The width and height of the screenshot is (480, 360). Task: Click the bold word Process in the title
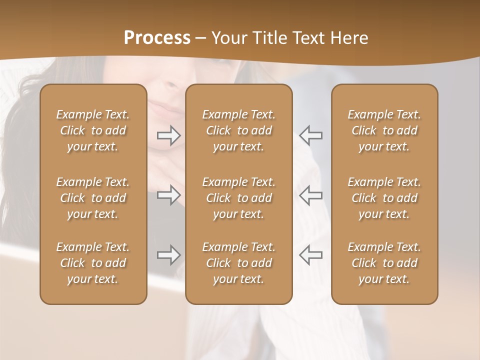157,38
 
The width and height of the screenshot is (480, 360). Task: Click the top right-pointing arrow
169,135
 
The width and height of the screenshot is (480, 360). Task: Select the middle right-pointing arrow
169,195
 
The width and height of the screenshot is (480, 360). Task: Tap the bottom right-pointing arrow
169,255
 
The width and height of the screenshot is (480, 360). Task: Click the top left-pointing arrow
310,135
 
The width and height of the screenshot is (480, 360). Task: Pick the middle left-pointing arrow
310,195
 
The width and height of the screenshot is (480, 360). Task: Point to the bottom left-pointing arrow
310,255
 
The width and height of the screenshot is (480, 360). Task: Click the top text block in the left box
93,130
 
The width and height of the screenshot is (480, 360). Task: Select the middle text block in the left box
93,198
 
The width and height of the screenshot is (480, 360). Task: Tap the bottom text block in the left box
93,263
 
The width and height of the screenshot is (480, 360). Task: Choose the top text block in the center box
238,130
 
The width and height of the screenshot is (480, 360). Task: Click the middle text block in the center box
238,198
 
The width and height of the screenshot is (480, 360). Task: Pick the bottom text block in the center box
238,263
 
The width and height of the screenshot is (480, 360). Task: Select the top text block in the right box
384,130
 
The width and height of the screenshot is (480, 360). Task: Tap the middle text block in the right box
384,198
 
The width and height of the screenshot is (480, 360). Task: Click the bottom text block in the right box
384,263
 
